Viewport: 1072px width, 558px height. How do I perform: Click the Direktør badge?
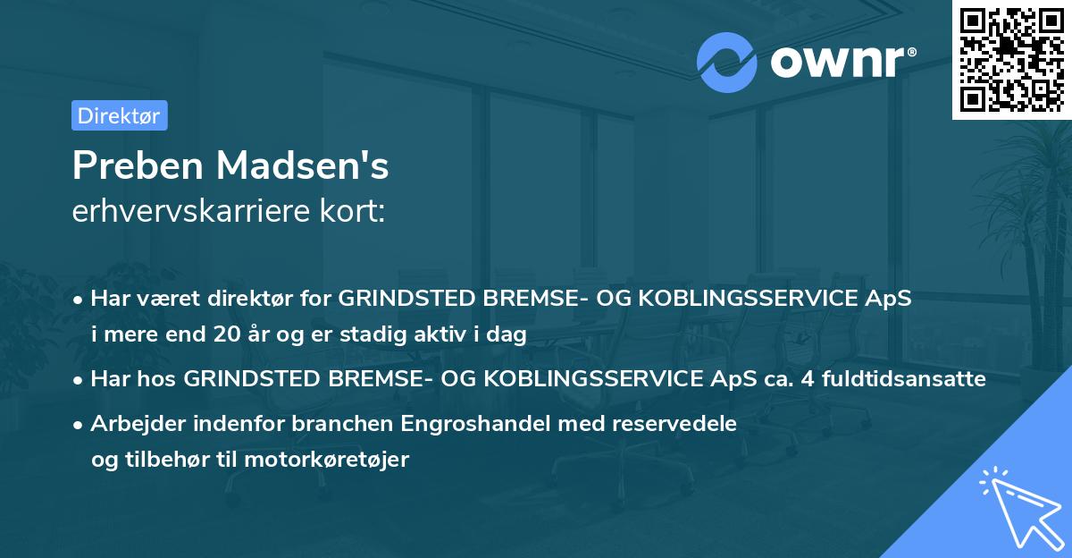coord(119,115)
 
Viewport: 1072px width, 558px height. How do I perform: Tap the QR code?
coord(1011,60)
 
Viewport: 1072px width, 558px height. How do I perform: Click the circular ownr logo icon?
coord(727,62)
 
